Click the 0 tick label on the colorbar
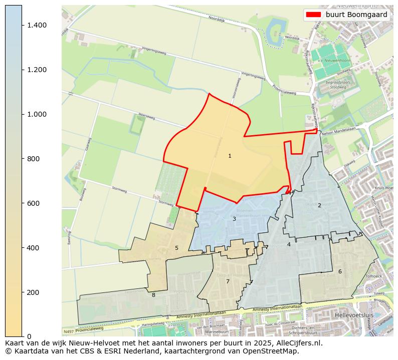pos(29,336)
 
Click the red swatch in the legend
pos(313,15)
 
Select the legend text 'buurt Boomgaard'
pos(356,15)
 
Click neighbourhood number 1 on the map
pos(230,156)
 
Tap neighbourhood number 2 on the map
pos(319,205)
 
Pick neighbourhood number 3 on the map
pos(234,219)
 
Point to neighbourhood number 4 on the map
pos(289,244)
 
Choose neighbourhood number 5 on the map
pos(176,248)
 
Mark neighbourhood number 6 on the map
pos(340,271)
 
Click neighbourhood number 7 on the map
pos(228,281)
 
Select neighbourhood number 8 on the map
pos(153,295)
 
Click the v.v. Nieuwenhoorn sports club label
pos(332,61)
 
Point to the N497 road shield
pos(69,331)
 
